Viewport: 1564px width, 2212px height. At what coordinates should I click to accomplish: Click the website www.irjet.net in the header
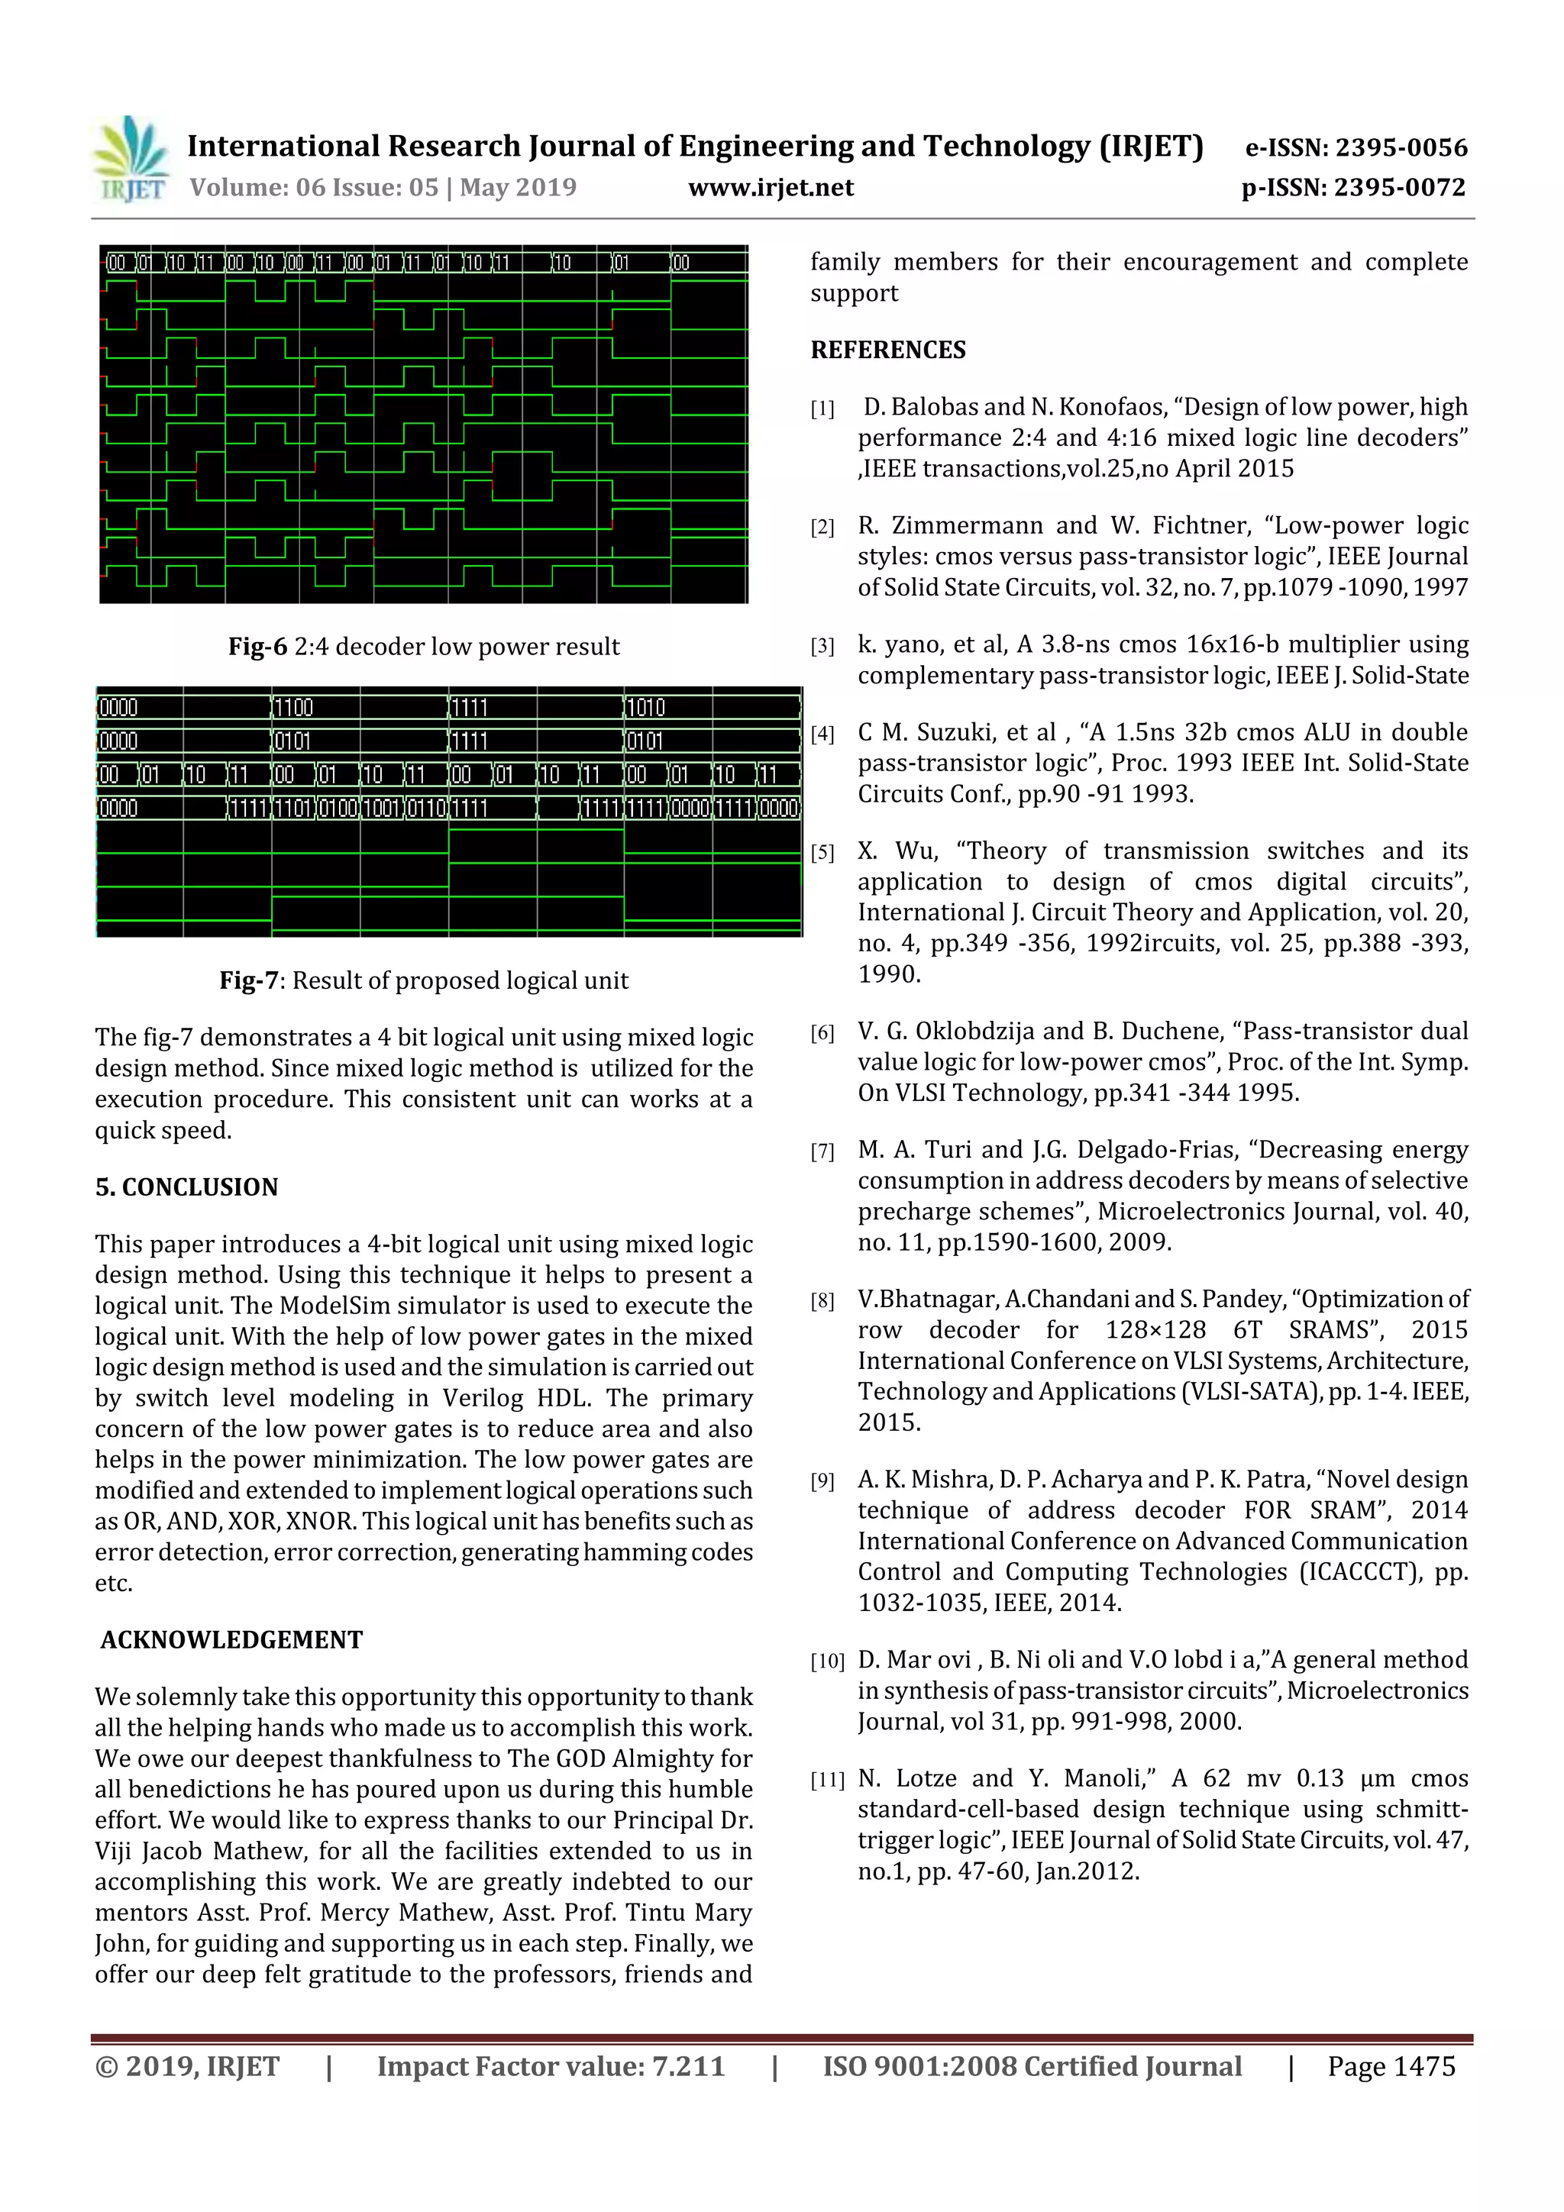point(770,188)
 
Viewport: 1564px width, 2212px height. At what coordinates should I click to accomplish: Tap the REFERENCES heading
point(887,350)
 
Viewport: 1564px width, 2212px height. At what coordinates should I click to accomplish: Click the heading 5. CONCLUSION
point(186,1187)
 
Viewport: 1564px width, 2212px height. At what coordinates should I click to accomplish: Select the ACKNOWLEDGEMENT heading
point(231,1640)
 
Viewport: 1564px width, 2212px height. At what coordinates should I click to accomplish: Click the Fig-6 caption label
point(257,647)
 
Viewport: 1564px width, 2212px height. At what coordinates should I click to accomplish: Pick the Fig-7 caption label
point(250,980)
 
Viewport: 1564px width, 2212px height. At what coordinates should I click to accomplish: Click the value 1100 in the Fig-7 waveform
point(294,708)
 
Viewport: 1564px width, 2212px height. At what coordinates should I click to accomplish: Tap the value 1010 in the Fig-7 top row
point(645,708)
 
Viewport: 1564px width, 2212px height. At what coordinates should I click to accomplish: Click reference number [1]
point(822,409)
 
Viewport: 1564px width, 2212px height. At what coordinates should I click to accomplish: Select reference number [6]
point(822,1034)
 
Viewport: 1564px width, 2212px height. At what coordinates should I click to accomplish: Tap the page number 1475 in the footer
point(1423,2065)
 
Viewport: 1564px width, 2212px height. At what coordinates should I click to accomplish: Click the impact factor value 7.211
point(688,2065)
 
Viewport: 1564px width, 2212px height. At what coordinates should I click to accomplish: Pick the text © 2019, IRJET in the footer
point(187,2065)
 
